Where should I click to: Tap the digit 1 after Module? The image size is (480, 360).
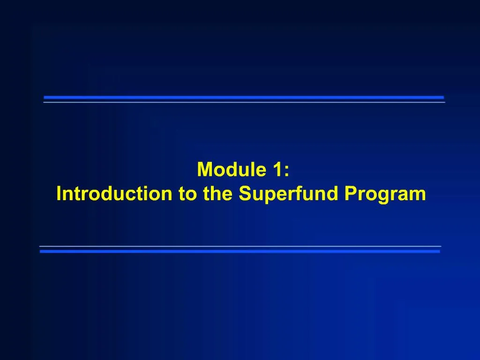click(276, 170)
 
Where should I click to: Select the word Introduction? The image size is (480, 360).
click(114, 194)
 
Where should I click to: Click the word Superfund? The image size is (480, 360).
click(289, 194)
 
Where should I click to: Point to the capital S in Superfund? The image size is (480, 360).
click(245, 194)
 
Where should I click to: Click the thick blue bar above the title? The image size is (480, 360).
click(244, 97)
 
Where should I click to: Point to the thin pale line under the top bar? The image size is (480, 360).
click(244, 102)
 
